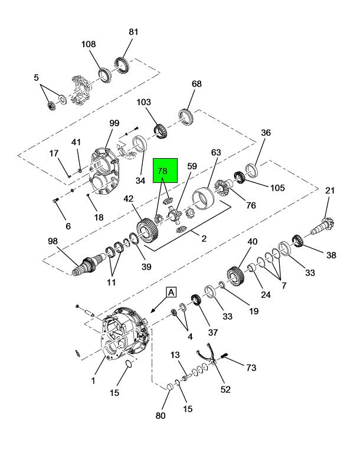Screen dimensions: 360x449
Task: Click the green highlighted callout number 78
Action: [162, 171]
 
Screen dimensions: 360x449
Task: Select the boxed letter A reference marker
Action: [171, 293]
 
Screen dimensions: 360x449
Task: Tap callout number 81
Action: [133, 32]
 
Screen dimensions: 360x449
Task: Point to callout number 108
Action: [89, 44]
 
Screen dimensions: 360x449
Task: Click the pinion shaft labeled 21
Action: [323, 226]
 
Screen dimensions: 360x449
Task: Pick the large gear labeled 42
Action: [148, 231]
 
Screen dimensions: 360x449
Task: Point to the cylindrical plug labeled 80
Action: [170, 386]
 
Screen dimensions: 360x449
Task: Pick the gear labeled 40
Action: [235, 276]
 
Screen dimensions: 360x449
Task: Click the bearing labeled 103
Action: [162, 131]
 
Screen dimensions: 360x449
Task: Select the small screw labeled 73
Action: [224, 356]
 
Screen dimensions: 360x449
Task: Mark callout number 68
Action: [197, 84]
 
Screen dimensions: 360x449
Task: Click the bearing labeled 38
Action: [297, 240]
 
